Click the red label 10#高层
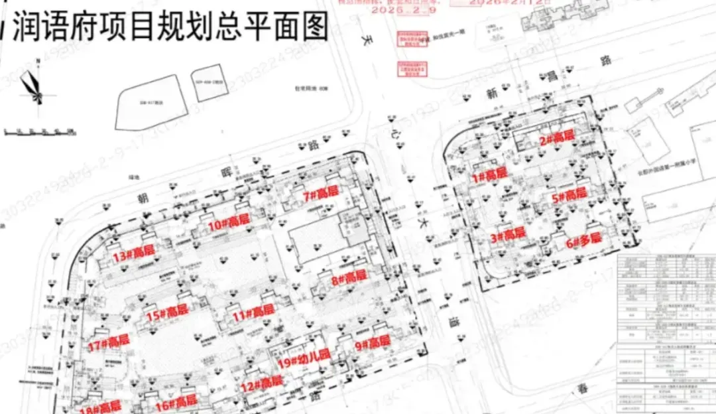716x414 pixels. pos(229,222)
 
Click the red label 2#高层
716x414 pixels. pos(556,138)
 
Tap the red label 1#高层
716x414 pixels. pos(489,175)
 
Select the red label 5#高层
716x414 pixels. pos(569,194)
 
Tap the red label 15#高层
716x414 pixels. pos(167,313)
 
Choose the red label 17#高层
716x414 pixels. pos(108,342)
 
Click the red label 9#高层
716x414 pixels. pos(372,343)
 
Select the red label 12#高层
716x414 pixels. pos(261,383)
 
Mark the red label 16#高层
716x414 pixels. pos(176,401)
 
